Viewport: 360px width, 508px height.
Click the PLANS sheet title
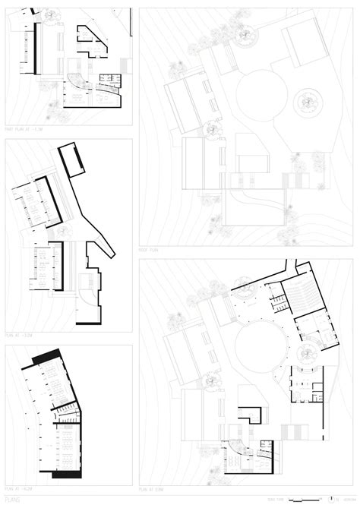pos(13,499)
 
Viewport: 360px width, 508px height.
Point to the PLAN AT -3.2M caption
pos(21,331)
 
